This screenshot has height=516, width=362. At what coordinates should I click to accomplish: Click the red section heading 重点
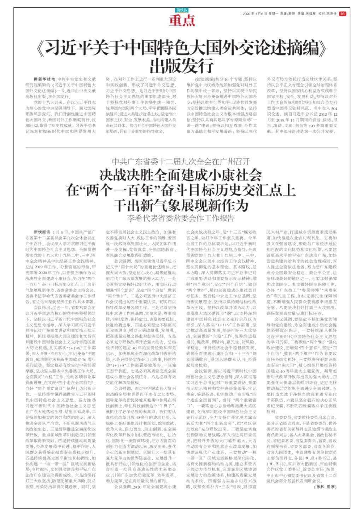point(182,21)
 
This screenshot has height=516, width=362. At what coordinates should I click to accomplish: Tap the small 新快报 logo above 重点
point(182,11)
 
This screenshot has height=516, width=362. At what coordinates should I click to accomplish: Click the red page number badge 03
point(342,14)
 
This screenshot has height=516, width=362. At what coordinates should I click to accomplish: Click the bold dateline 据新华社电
point(44,79)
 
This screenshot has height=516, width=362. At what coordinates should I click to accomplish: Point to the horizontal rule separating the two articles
point(182,148)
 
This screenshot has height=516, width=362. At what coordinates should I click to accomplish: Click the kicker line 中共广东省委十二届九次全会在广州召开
point(181,162)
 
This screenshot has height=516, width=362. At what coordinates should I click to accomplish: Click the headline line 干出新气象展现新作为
point(181,205)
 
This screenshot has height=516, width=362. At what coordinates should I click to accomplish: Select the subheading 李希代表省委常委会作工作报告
point(181,218)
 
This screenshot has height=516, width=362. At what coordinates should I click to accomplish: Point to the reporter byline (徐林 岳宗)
point(325,487)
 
